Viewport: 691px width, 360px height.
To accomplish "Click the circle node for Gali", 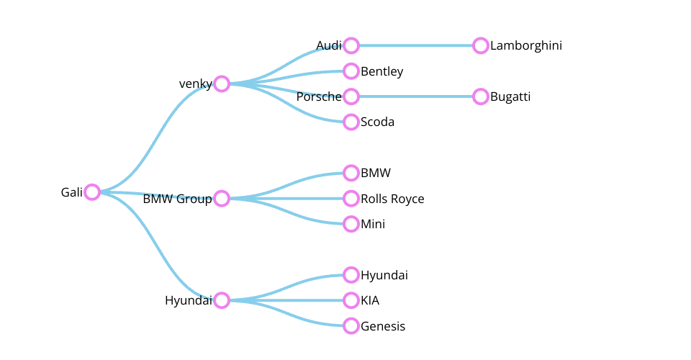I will click(91, 192).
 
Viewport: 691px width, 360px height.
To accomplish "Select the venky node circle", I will click(222, 84).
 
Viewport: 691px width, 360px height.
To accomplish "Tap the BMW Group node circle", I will click(222, 199).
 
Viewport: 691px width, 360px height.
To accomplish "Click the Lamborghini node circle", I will click(481, 45).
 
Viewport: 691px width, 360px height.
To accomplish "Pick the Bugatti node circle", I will click(481, 96).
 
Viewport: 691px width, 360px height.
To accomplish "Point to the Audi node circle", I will click(351, 45).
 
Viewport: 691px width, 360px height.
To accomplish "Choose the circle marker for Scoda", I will click(351, 122).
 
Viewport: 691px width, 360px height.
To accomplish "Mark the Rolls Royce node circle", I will click(351, 199).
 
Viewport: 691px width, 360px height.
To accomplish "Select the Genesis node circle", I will click(351, 326).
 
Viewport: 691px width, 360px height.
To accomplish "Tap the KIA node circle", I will click(351, 300).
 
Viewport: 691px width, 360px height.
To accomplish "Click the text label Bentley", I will click(381, 71).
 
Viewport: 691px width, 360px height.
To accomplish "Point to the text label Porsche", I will click(319, 96).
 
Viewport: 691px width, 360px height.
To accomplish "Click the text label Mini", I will click(373, 224).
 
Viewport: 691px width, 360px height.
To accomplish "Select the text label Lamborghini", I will click(526, 45).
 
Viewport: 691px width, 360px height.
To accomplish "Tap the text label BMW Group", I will click(177, 199).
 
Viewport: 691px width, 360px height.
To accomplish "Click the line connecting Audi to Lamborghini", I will click(416, 45).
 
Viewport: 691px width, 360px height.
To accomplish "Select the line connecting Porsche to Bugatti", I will click(416, 96).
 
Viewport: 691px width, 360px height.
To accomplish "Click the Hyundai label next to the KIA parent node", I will click(188, 300).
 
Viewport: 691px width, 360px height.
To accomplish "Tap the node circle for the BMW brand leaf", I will click(351, 173).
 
